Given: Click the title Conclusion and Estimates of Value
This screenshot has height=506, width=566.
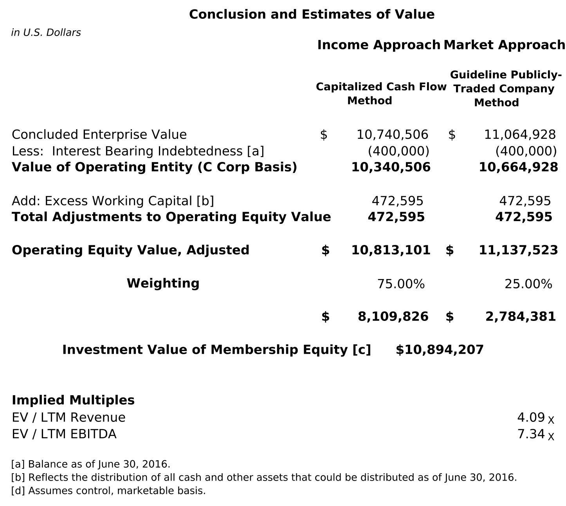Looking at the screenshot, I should pos(312,14).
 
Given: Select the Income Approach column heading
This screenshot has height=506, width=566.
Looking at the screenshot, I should pos(379,45).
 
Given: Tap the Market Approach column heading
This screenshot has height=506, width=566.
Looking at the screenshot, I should pos(504,45).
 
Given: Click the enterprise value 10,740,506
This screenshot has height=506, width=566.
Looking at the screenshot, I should pos(392,135).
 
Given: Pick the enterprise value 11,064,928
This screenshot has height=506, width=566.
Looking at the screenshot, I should pos(520,135).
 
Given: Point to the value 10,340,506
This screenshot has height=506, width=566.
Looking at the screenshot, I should pos(391,167).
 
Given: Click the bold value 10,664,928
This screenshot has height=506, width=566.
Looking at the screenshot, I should pos(518,167).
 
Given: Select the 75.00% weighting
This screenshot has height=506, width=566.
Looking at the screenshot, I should pos(401,284).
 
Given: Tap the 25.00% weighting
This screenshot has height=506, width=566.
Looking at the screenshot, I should pos(528,284).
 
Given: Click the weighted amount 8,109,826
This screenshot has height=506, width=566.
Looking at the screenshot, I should pos(393,316).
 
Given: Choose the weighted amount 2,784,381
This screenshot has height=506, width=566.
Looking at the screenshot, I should pos(521,316).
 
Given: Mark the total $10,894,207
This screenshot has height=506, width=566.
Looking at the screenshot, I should pos(440,349).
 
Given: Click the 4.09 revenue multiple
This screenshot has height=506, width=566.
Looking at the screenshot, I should pos(531,417).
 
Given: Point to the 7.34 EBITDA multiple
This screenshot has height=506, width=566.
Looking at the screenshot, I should pos(531,434).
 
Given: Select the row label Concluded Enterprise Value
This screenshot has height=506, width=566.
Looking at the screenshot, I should pos(99,135).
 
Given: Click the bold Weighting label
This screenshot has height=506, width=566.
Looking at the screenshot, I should pos(163,283).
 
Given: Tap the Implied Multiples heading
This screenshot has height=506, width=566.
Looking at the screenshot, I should pos(73,400).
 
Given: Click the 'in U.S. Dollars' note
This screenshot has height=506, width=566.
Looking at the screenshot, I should pos(46,32).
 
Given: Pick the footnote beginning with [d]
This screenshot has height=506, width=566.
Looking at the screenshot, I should pos(108,490).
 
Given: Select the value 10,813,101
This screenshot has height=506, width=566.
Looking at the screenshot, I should pos(391,250).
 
